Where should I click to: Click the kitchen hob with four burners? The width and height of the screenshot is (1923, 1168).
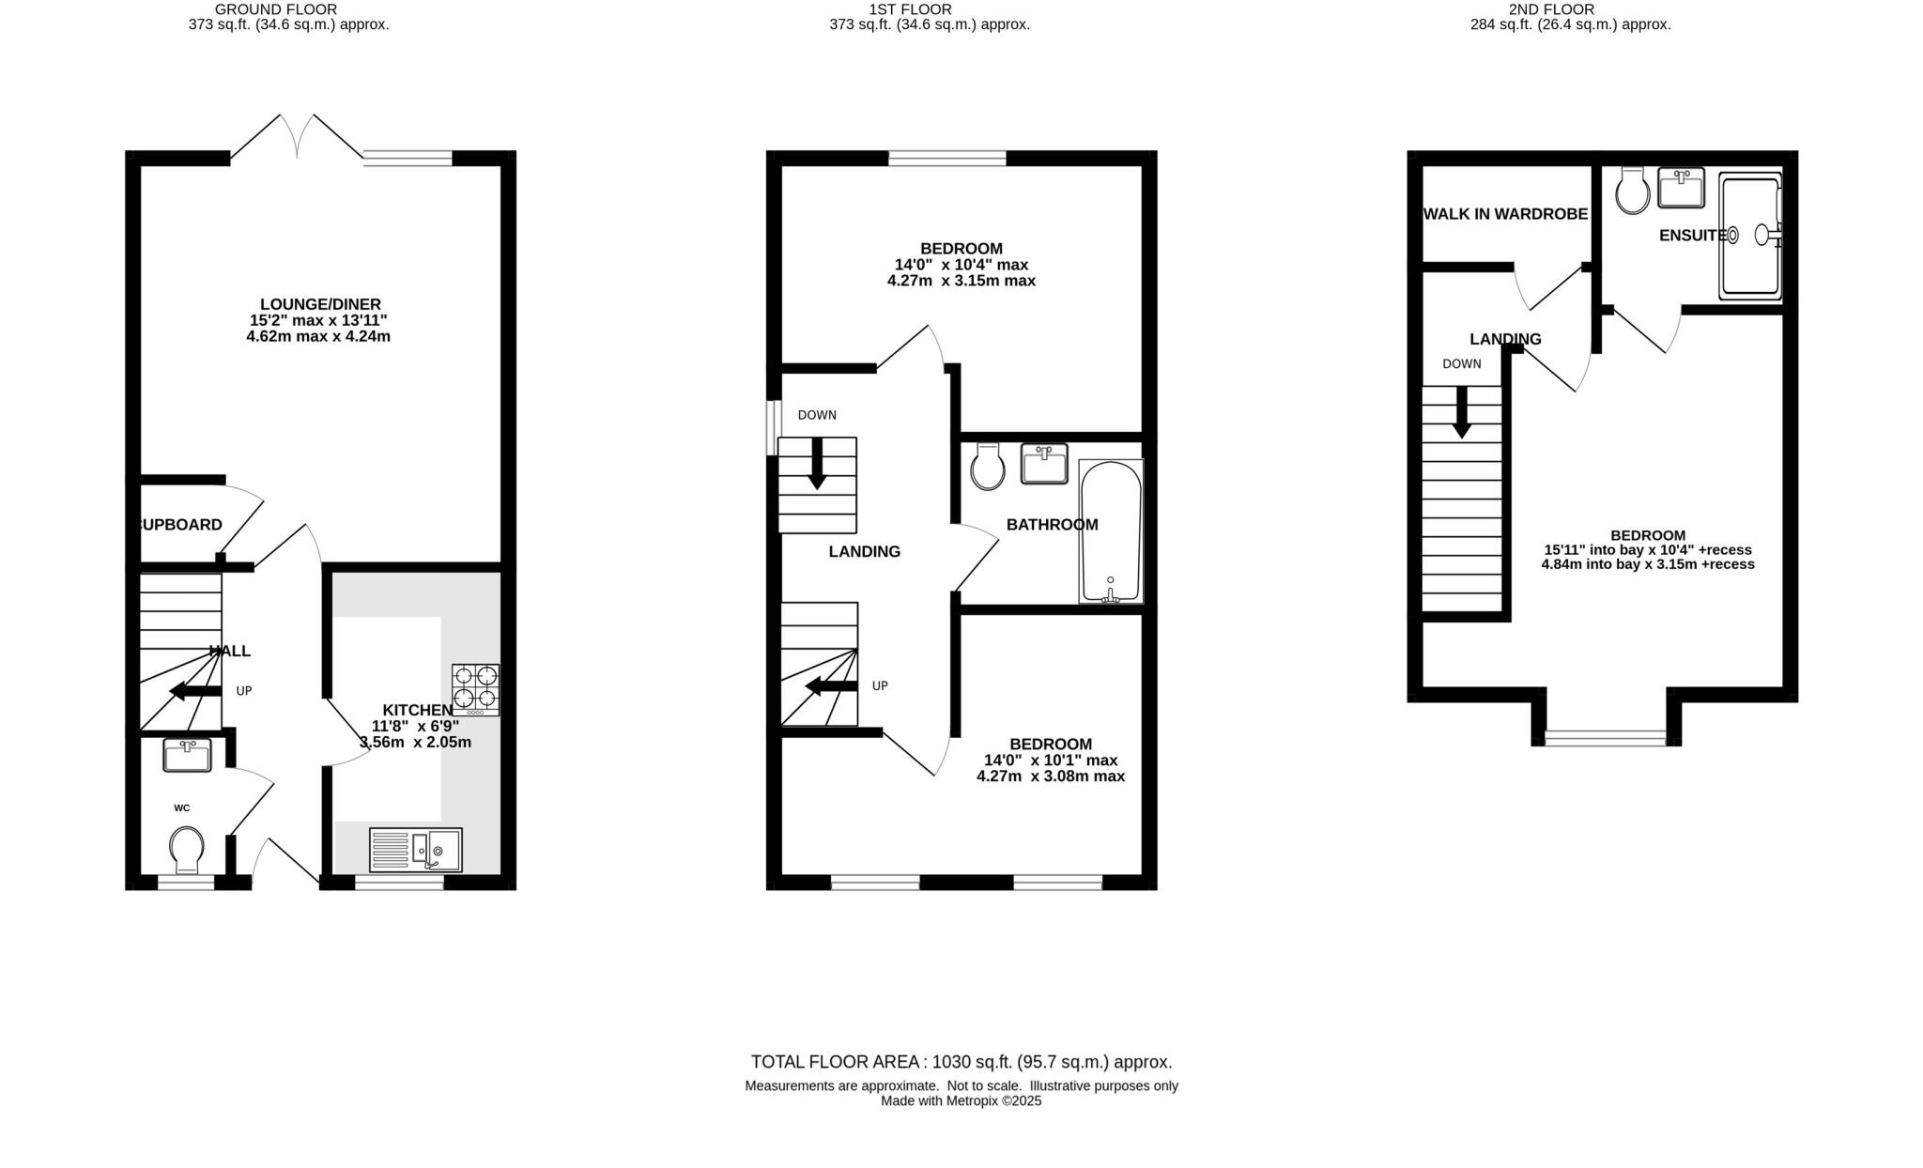pos(475,689)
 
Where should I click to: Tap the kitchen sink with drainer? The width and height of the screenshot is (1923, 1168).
pos(416,849)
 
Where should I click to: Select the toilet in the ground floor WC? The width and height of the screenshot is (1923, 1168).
pos(188,848)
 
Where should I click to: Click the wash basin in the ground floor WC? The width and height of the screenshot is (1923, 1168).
pos(187,756)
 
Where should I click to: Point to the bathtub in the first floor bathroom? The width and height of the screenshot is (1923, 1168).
pos(1111,531)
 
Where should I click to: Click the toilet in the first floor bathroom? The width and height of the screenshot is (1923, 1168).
pos(988,467)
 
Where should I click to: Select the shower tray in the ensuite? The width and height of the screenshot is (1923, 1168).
pos(1750,237)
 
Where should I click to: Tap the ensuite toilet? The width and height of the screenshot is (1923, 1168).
pos(1633,192)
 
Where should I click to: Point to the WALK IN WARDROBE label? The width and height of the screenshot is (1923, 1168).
pos(1505,214)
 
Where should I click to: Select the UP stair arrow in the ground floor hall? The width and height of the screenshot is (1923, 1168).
pos(194,692)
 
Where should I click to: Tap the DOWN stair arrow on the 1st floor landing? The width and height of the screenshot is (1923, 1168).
pos(817,463)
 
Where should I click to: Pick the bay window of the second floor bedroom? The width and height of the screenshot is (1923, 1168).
pos(1606,739)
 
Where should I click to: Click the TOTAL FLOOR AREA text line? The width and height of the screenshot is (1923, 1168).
pos(961,1062)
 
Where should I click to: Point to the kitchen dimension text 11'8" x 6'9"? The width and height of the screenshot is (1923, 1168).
pos(415,726)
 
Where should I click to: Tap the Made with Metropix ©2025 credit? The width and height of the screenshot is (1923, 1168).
pos(961,1101)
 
